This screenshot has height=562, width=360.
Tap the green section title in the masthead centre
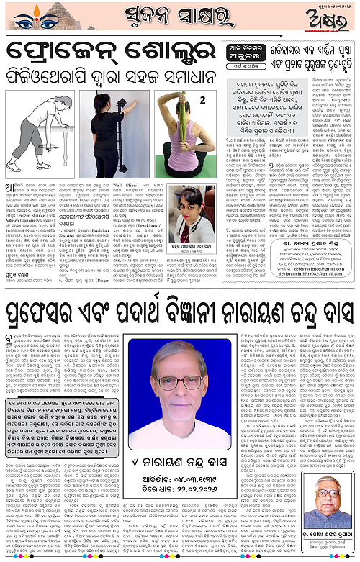[x=179, y=16]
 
